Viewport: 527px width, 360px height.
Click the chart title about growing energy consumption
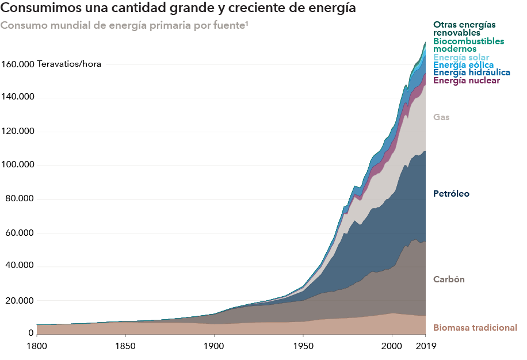click(x=178, y=9)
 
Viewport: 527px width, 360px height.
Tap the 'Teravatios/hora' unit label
click(x=69, y=64)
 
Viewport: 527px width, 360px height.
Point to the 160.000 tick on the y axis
click(x=17, y=64)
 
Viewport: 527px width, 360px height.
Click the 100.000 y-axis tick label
click(x=17, y=165)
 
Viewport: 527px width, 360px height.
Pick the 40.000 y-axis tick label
click(x=17, y=267)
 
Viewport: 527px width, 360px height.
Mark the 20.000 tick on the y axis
click(x=17, y=301)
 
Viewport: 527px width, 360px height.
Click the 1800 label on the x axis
click(x=36, y=346)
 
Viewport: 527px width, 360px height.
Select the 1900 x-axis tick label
click(x=213, y=346)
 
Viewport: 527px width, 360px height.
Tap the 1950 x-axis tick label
click(x=303, y=346)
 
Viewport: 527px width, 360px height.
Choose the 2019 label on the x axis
click(x=426, y=346)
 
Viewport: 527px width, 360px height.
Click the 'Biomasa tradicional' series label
click(x=475, y=328)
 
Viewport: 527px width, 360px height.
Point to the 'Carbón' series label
click(x=449, y=279)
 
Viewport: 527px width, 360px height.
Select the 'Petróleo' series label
click(x=451, y=194)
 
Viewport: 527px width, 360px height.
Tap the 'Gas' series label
click(x=441, y=117)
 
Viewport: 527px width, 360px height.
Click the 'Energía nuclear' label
click(x=467, y=81)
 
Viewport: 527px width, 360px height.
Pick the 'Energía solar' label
click(x=461, y=58)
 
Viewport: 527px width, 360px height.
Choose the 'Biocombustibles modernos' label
click(x=468, y=45)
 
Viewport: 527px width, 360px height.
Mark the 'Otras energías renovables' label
click(x=464, y=29)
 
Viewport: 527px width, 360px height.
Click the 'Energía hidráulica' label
click(x=472, y=72)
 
